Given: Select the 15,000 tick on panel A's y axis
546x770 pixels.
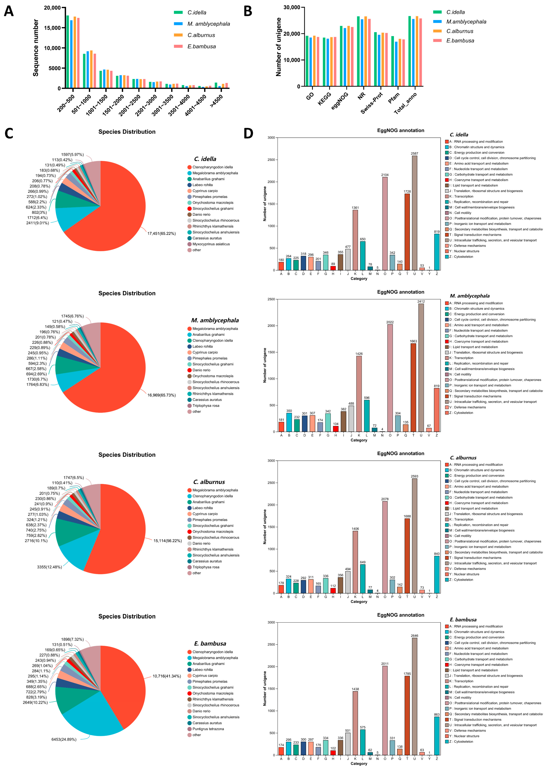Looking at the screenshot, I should pos(52,28).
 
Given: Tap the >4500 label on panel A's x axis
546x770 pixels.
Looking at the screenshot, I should pos(216,101).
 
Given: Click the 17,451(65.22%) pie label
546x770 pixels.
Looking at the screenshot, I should pos(161,234).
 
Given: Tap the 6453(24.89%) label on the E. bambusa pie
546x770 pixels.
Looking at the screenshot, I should pos(64,740).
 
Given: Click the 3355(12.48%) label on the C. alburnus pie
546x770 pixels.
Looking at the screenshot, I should pos(49,567).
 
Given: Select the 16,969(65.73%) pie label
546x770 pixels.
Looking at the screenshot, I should pos(161,395).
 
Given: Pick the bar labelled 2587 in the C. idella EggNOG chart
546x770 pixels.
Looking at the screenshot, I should pos(415,213).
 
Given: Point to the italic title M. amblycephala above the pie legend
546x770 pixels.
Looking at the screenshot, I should pos(215,320).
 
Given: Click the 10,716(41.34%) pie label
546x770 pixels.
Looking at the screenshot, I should pos(167,676).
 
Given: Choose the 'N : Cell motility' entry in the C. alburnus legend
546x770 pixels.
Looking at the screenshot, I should pos(462,536).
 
